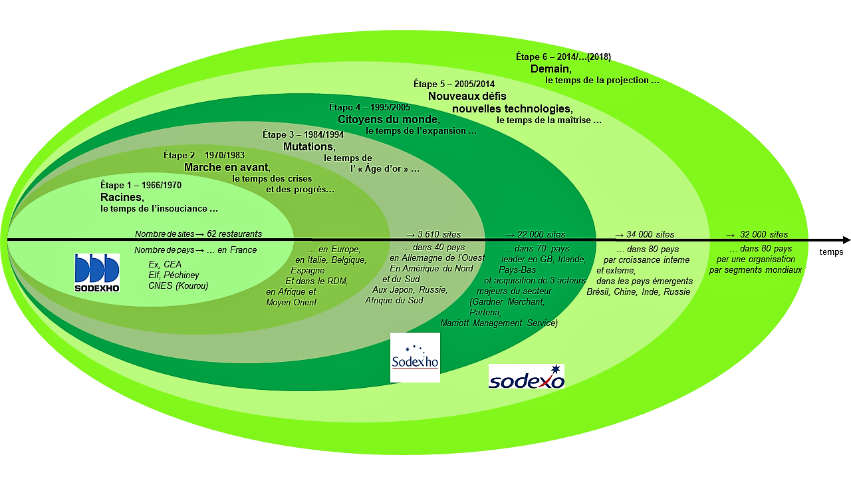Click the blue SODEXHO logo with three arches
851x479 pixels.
point(97,273)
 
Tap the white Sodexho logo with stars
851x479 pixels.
point(415,358)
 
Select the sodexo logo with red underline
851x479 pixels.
point(527,377)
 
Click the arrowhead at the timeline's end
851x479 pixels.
point(846,239)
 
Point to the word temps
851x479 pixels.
point(831,252)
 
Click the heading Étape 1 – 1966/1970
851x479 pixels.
point(141,185)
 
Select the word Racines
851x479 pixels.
point(122,197)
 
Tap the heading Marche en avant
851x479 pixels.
point(227,167)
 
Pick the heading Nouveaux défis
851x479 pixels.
point(467,96)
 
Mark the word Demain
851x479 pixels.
point(550,69)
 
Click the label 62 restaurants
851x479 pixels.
point(234,234)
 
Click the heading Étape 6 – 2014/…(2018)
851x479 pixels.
point(563,57)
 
